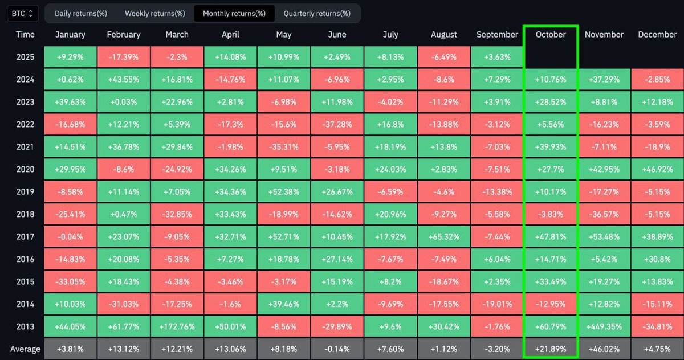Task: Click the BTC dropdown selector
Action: coord(23,13)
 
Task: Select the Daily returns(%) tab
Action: coord(81,13)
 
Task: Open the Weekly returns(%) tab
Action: coord(155,13)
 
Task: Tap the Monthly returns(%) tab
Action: coord(234,13)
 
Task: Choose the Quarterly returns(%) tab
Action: coord(317,13)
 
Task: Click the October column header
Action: coord(551,35)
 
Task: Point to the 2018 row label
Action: coord(25,214)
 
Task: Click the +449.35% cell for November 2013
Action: coord(604,326)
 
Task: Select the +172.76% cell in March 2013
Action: coord(177,326)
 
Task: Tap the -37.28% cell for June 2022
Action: coord(337,124)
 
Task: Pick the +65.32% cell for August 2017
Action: coord(443,236)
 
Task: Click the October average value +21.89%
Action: coord(551,349)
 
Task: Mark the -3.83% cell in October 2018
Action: coord(551,214)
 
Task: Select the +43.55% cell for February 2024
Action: coord(124,79)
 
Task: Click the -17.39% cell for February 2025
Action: coord(124,57)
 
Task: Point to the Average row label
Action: coord(25,349)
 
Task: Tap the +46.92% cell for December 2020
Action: coord(657,169)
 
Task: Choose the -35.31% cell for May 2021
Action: coord(284,147)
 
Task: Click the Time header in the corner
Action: coord(25,35)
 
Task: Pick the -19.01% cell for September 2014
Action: coord(497,304)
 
